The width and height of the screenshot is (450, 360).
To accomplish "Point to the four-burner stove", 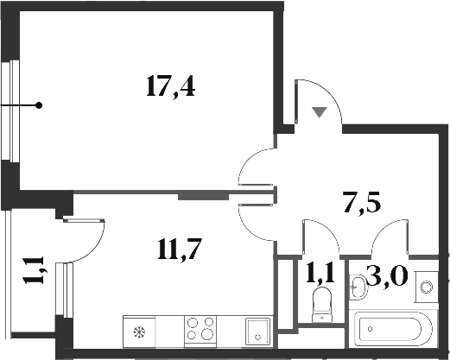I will tap(201, 331).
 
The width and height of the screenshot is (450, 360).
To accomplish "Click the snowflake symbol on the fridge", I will tap(138, 332).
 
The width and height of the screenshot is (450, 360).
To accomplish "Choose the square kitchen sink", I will tap(257, 331).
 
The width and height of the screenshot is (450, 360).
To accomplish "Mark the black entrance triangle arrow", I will tap(319, 111).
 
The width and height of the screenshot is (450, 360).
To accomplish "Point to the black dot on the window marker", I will tap(39, 105).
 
